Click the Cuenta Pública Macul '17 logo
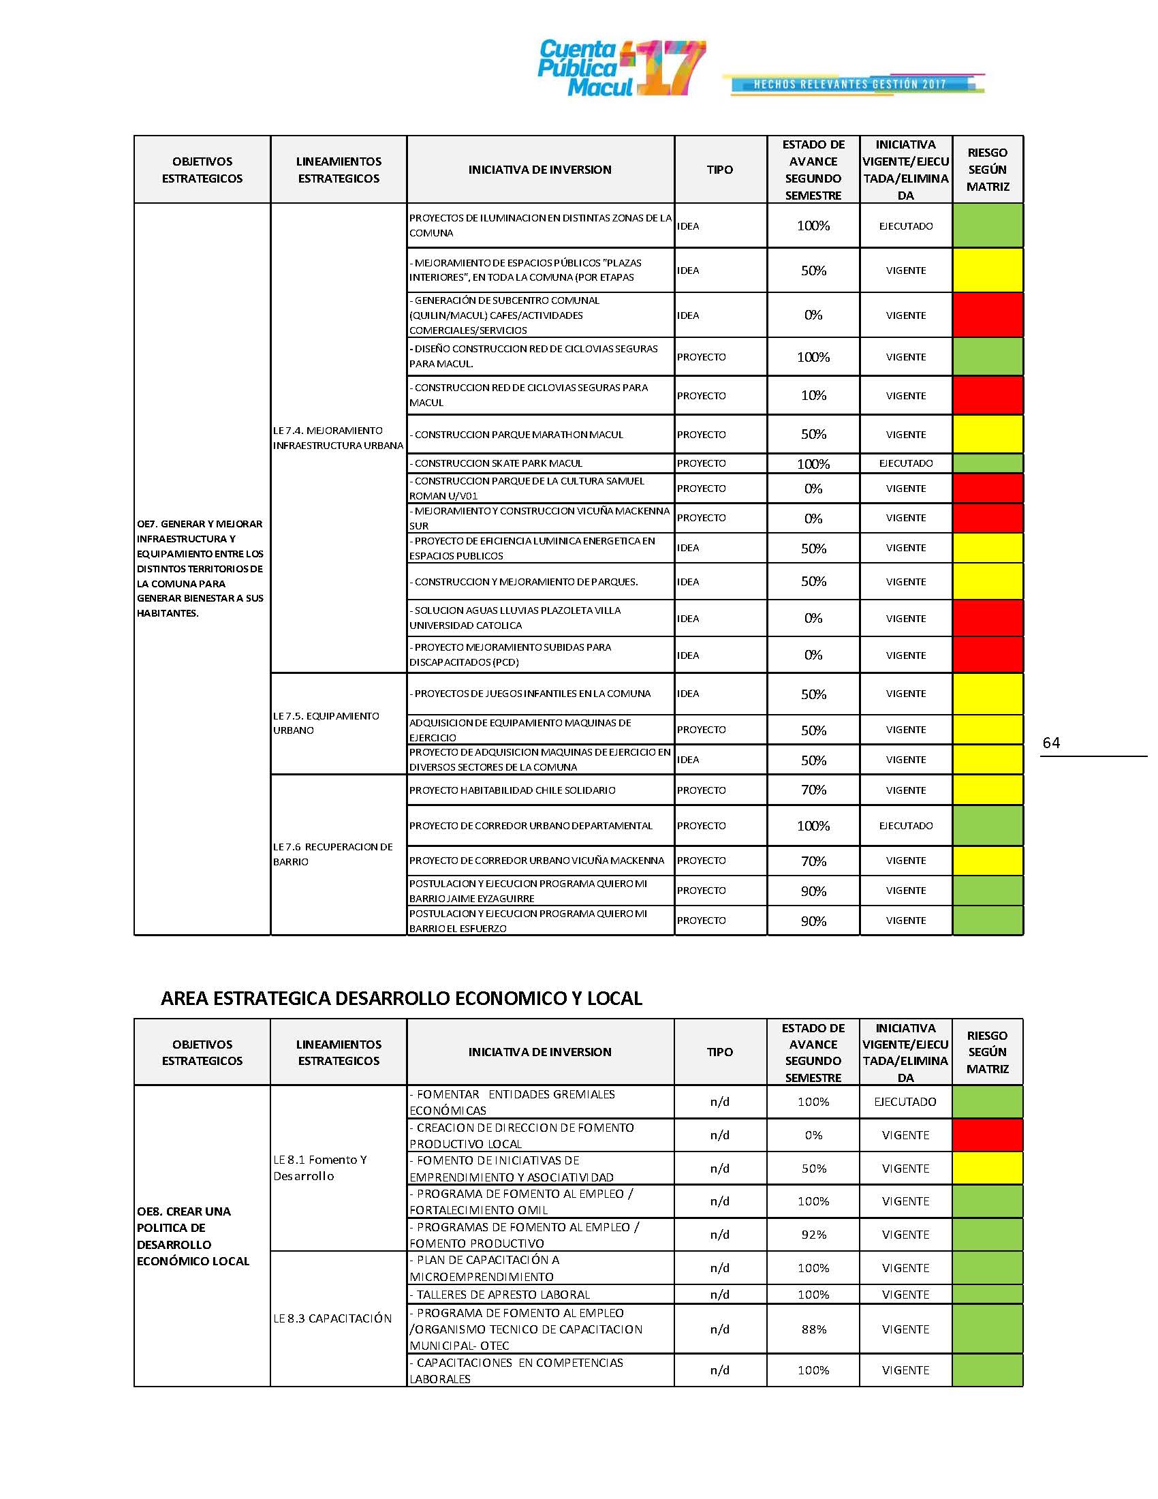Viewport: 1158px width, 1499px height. pos(621,68)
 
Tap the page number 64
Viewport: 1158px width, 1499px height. pos(1050,743)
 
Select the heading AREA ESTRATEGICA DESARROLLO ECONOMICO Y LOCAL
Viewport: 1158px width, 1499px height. pos(401,998)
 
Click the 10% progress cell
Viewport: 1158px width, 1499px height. pos(813,395)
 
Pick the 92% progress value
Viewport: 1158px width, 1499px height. pos(813,1235)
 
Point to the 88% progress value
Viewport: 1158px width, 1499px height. pos(813,1329)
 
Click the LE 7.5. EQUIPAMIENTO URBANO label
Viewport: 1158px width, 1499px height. pos(326,723)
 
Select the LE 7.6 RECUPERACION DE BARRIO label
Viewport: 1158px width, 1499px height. pos(332,854)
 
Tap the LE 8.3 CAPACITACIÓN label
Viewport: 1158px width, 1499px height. pos(332,1318)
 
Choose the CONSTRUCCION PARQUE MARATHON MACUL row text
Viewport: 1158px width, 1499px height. pos(518,435)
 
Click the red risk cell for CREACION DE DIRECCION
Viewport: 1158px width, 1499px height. pos(987,1135)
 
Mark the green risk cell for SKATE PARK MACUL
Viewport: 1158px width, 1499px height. pos(987,463)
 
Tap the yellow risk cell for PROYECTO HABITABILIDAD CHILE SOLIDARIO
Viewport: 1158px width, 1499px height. pos(987,790)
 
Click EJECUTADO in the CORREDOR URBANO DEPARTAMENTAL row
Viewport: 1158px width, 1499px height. pos(905,826)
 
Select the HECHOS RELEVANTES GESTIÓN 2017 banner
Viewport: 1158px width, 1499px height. pos(851,84)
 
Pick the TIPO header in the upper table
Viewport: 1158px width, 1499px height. pos(719,170)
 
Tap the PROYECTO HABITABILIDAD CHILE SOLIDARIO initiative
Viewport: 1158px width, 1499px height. pos(512,790)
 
